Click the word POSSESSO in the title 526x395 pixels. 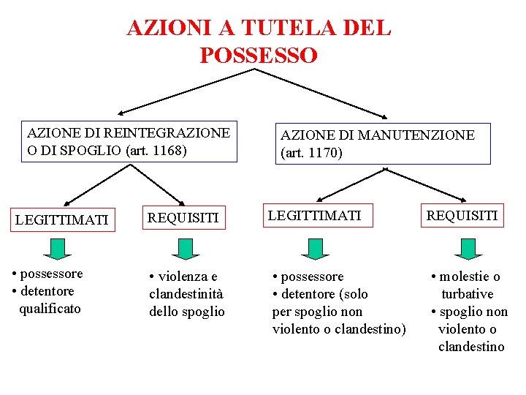coord(259,55)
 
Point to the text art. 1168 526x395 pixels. coord(156,151)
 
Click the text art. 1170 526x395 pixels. coord(310,154)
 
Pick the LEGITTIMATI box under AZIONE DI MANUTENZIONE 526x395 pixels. coord(315,215)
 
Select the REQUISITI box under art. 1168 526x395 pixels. coord(184,217)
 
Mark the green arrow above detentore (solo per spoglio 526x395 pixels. coord(315,249)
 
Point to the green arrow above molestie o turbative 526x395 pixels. coord(468,249)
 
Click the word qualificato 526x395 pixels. coord(50,309)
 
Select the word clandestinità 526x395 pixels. coord(186,294)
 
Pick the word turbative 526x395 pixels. coord(467,294)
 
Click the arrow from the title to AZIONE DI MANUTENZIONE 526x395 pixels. coord(321,94)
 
